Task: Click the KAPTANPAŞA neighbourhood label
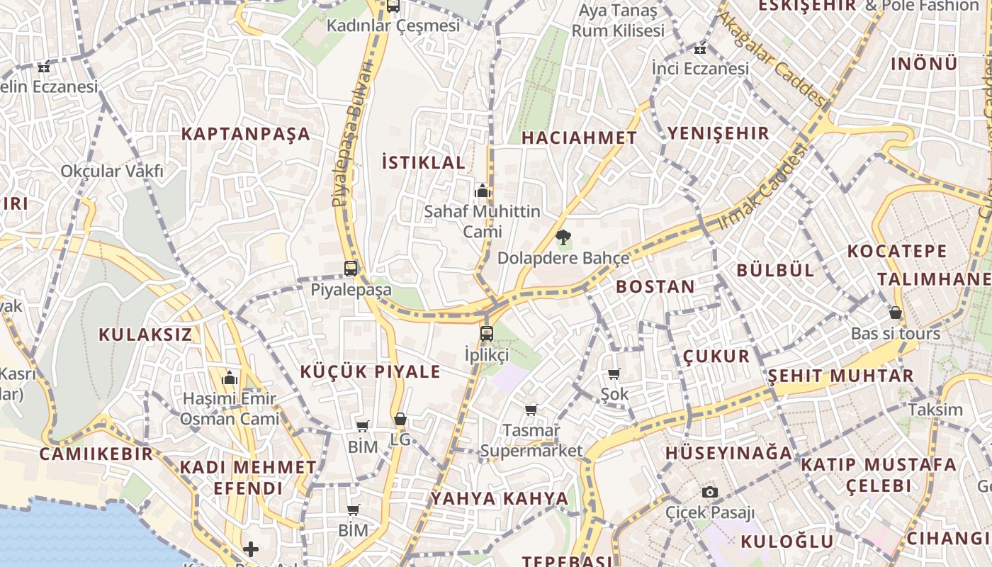coord(246,134)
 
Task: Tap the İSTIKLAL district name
coord(424,162)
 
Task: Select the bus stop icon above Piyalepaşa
coord(351,269)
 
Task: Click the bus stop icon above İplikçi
coord(486,333)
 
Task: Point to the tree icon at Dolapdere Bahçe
coord(563,237)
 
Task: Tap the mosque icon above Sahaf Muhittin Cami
coord(483,190)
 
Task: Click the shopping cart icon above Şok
coord(614,374)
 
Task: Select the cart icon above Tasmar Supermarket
coord(531,410)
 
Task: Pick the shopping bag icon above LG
coord(400,419)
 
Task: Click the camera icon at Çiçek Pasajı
coord(709,492)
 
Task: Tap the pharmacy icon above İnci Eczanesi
coord(700,49)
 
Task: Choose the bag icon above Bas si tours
coord(896,313)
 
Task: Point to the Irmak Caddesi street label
coord(762,186)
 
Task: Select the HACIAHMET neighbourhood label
coord(580,138)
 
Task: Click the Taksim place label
coord(935,410)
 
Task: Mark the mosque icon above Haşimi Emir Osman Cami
coord(229,378)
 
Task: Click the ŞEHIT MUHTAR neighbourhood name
coord(841,376)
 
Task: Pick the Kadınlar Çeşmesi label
coord(393,26)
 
